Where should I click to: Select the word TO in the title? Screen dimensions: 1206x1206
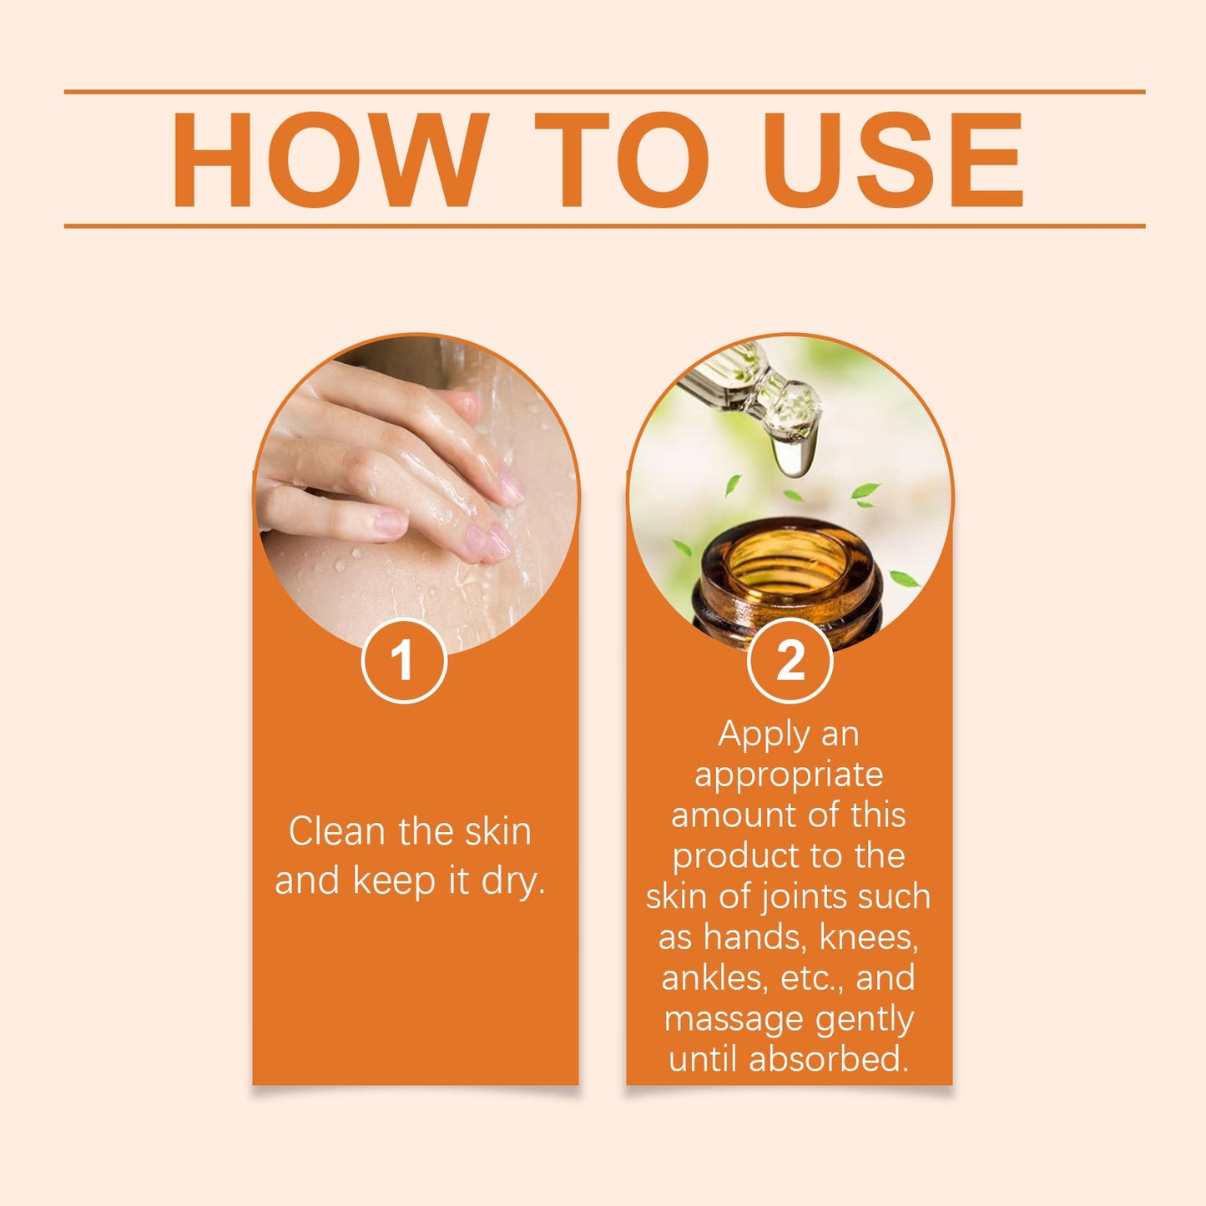(621, 159)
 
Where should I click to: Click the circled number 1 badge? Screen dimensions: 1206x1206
(404, 661)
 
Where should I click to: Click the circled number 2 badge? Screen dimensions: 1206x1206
(790, 661)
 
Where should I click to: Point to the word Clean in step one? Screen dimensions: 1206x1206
(337, 831)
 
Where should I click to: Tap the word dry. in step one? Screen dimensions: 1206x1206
(512, 881)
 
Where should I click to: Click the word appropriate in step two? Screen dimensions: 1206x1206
(789, 775)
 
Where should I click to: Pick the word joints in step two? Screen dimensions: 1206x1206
(802, 896)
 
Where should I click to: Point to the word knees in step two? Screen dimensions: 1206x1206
(868, 937)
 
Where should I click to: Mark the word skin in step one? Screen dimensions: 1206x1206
(497, 831)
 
